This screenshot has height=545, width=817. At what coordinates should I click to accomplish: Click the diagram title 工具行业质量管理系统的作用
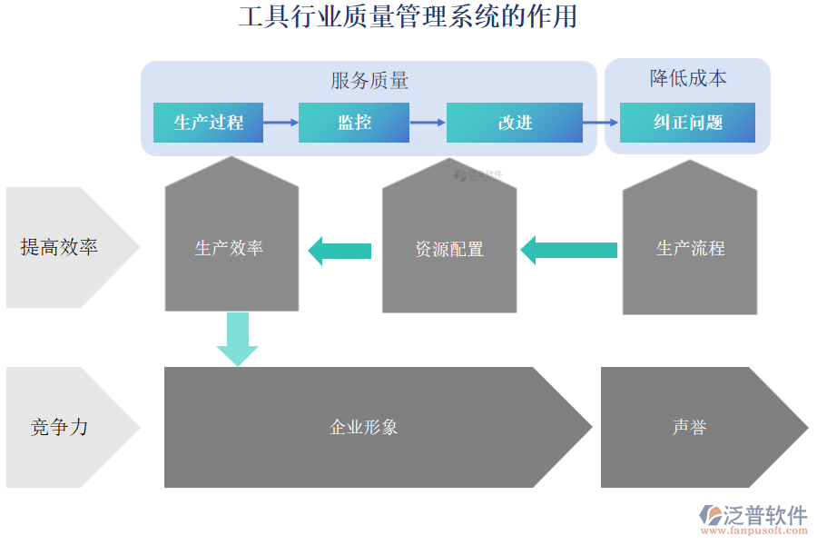[x=408, y=16]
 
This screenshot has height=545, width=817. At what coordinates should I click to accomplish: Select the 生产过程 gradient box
[x=208, y=123]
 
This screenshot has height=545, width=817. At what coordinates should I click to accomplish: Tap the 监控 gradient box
[x=354, y=123]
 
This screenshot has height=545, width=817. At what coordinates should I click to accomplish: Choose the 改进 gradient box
[x=515, y=123]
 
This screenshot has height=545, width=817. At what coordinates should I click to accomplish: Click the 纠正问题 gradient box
[x=687, y=123]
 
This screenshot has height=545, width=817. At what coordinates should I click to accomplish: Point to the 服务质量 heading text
[x=369, y=81]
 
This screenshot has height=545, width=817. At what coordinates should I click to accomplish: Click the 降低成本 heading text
[x=688, y=78]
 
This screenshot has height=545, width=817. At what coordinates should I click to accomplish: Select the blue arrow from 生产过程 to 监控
[x=281, y=122]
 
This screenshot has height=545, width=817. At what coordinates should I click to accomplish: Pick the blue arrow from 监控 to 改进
[x=428, y=122]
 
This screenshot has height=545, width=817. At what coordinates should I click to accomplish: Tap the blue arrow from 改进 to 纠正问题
[x=600, y=122]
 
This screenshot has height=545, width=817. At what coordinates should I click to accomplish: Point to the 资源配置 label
[x=449, y=249]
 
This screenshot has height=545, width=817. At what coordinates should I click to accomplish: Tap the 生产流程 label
[x=690, y=248]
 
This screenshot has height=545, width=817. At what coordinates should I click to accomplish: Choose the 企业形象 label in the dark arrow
[x=363, y=427]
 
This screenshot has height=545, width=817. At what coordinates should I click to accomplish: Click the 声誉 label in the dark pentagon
[x=690, y=427]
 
